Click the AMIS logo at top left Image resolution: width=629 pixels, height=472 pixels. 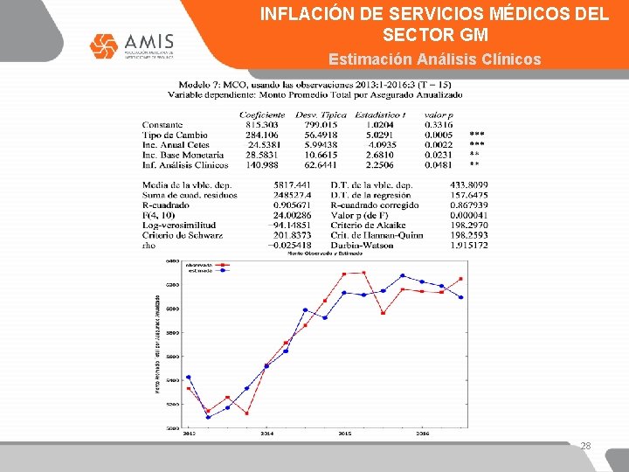[x=132, y=47]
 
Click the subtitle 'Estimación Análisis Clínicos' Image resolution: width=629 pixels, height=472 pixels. [x=434, y=59]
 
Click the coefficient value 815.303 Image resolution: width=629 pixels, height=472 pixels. [x=261, y=125]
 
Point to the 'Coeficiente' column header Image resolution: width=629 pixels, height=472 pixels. [x=262, y=115]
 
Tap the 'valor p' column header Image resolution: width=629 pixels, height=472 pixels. [x=439, y=115]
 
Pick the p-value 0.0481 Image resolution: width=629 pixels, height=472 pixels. [x=439, y=163]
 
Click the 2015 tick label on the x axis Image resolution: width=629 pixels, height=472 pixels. [x=344, y=434]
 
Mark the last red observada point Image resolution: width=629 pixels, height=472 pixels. [x=461, y=279]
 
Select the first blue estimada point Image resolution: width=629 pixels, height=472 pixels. [x=188, y=378]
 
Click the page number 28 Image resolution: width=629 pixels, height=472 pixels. [x=586, y=446]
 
